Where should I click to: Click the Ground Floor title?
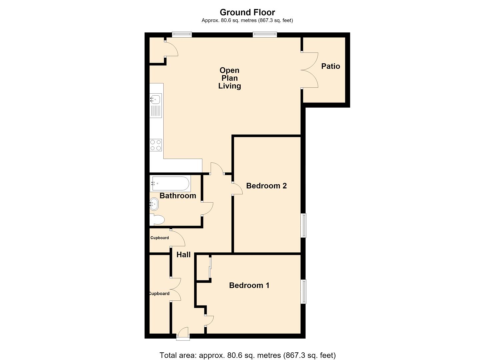click(247, 12)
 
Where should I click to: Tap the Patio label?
click(331, 66)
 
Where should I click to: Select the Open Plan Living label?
click(230, 78)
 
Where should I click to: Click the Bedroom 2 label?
click(266, 186)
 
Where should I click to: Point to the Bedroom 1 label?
click(249, 285)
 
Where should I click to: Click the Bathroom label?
click(178, 196)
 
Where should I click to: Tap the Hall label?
click(183, 255)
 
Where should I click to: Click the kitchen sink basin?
click(156, 99)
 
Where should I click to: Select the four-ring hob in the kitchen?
click(156, 145)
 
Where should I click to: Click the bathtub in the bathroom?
click(170, 183)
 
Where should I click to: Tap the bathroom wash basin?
click(154, 204)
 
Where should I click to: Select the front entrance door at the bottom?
click(183, 333)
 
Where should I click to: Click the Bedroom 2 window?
click(304, 225)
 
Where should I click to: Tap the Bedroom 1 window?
click(304, 292)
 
